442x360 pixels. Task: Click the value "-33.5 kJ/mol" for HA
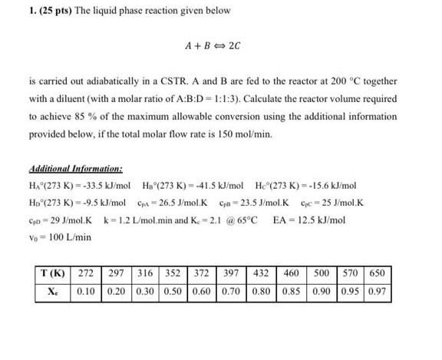click(x=104, y=187)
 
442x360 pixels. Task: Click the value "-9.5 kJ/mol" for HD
click(x=104, y=203)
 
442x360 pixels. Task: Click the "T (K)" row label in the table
click(x=54, y=275)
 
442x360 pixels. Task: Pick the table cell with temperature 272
click(x=87, y=275)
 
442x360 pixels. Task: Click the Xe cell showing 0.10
click(x=87, y=292)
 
